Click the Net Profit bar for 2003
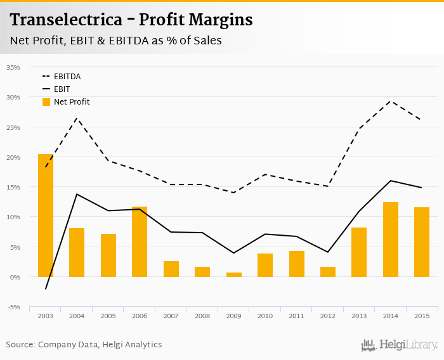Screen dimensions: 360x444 click(x=46, y=215)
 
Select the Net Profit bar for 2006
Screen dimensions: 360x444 click(x=140, y=241)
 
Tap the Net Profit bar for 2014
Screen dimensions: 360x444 click(x=391, y=240)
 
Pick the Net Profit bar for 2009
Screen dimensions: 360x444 click(x=233, y=274)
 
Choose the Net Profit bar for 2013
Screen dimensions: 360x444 click(x=359, y=252)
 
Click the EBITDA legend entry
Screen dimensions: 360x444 click(x=67, y=76)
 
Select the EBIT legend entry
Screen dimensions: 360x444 click(x=62, y=89)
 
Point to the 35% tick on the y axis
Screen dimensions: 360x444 click(x=13, y=67)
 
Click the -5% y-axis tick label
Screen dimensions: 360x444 click(x=13, y=307)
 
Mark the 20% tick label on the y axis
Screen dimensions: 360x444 click(x=13, y=157)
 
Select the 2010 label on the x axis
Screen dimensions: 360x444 click(x=265, y=316)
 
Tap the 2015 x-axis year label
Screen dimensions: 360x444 click(x=422, y=316)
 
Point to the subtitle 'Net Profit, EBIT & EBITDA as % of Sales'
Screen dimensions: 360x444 click(x=115, y=41)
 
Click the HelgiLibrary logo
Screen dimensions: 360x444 click(x=399, y=345)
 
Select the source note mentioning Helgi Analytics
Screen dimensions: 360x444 click(x=84, y=345)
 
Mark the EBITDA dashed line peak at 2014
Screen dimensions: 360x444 click(x=391, y=101)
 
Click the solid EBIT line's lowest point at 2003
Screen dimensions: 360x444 click(x=46, y=289)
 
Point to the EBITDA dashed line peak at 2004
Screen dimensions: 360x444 click(x=77, y=118)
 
